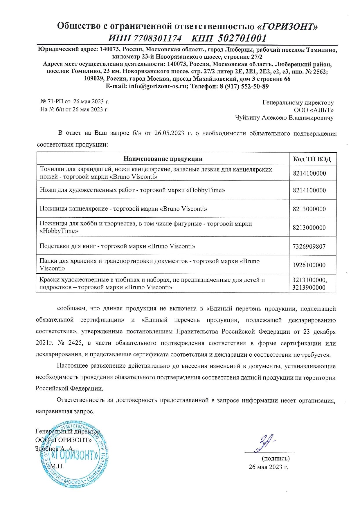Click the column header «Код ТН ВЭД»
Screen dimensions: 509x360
pyautogui.click(x=312, y=159)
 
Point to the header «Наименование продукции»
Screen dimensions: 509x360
pyautogui.click(x=163, y=159)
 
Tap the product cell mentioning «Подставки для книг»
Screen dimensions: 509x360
pyautogui.click(x=117, y=246)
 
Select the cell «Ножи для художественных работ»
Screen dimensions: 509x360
pyautogui.click(x=132, y=190)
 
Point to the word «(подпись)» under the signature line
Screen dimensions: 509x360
pyautogui.click(x=276, y=459)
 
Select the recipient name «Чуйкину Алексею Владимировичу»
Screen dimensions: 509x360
pyautogui.click(x=284, y=118)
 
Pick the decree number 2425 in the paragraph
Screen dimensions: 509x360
pyautogui.click(x=75, y=343)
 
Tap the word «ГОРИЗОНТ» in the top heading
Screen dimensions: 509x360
pyautogui.click(x=287, y=26)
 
